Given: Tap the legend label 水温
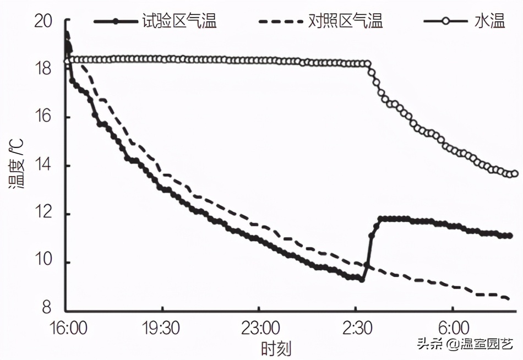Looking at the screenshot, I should tap(489, 21).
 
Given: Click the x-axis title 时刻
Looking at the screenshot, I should tap(276, 348).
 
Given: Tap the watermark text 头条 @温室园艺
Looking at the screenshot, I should tap(465, 345).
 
